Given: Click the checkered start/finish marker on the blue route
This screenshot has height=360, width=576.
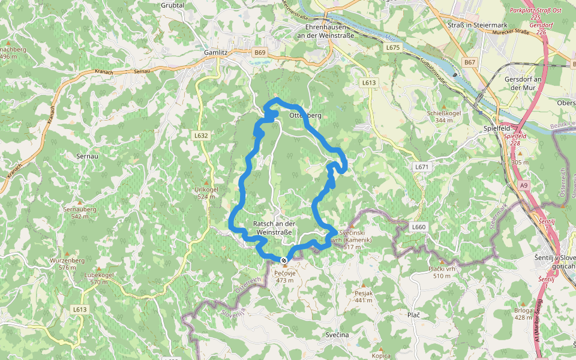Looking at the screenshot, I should tap(283, 260).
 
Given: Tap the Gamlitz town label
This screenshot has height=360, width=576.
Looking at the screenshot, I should tap(215, 52).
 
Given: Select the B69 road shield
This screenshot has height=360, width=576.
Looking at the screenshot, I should tap(259, 53).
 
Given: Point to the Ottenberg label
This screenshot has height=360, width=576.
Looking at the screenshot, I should tap(305, 115).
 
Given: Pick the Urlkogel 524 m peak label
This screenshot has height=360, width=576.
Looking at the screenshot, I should tap(206, 193).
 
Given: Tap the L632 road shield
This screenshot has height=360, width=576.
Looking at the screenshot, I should tap(201, 136).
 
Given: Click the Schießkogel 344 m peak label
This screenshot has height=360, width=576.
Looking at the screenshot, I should tap(443, 116).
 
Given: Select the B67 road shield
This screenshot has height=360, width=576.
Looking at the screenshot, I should tap(469, 62).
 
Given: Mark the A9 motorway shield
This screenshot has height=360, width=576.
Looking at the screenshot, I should tap(524, 186).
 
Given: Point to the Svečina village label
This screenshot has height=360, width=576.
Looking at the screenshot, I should tap(337, 334).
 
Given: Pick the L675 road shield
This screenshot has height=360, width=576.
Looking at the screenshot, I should tap(392, 47).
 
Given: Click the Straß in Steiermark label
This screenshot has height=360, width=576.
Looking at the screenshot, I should tap(478, 25).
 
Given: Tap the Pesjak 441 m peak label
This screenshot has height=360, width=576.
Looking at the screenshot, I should tap(364, 296).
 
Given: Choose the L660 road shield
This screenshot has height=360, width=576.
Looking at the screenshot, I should tap(418, 227).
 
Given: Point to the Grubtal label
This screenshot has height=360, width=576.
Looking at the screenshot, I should tap(173, 5).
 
